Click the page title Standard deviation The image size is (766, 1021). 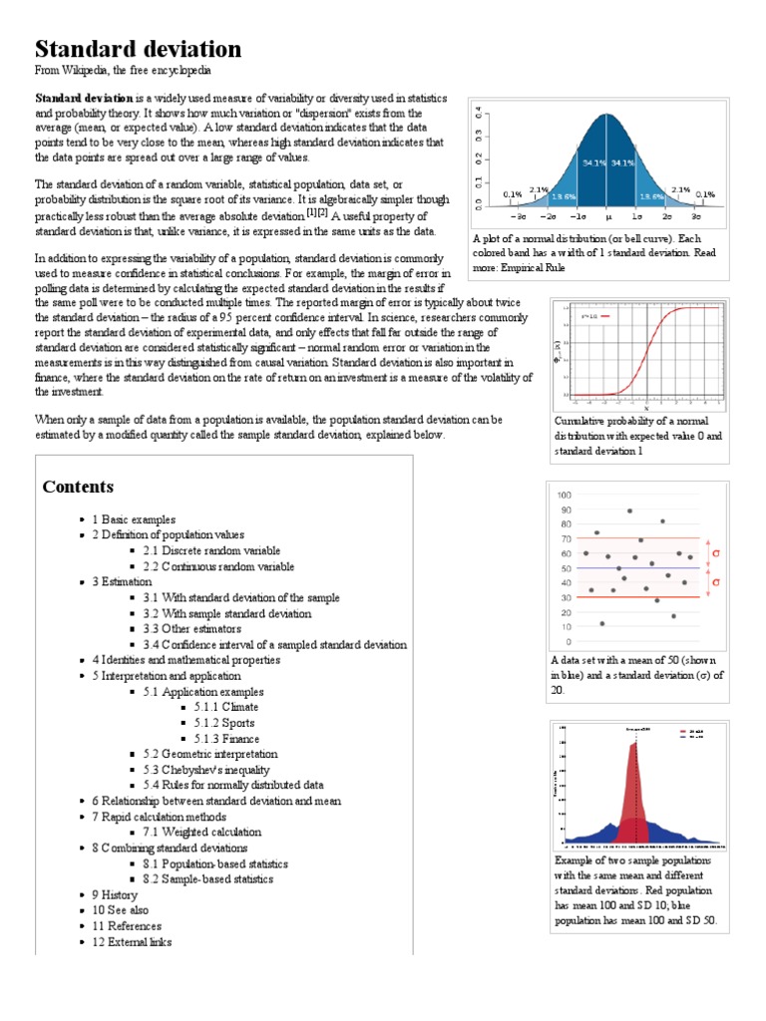point(138,49)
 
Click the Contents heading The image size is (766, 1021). point(78,487)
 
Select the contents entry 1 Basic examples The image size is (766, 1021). point(134,519)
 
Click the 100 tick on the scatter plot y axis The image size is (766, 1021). point(564,496)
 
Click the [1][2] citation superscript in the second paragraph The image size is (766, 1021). point(317,212)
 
